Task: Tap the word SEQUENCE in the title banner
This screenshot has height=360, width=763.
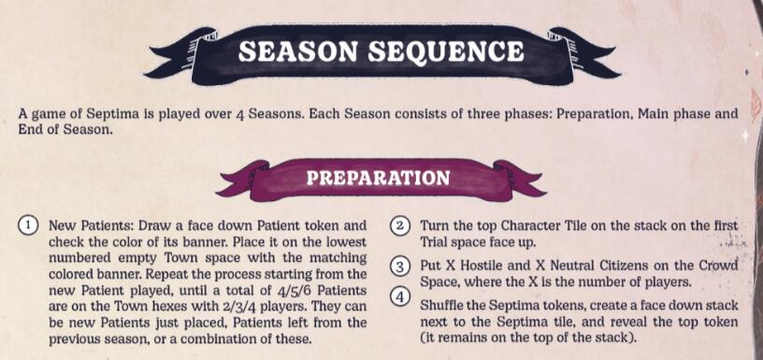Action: tap(446, 51)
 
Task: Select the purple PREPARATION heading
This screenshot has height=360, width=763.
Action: tap(378, 178)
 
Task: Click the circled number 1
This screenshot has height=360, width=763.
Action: tap(29, 226)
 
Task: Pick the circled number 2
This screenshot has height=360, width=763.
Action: tap(399, 226)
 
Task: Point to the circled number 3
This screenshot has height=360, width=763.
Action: tap(399, 266)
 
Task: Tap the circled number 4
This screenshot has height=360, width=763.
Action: tap(399, 298)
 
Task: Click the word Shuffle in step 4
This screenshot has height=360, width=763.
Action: tap(444, 306)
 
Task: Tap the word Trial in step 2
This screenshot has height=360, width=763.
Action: tap(436, 242)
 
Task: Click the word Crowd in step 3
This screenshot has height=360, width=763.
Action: tap(720, 266)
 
